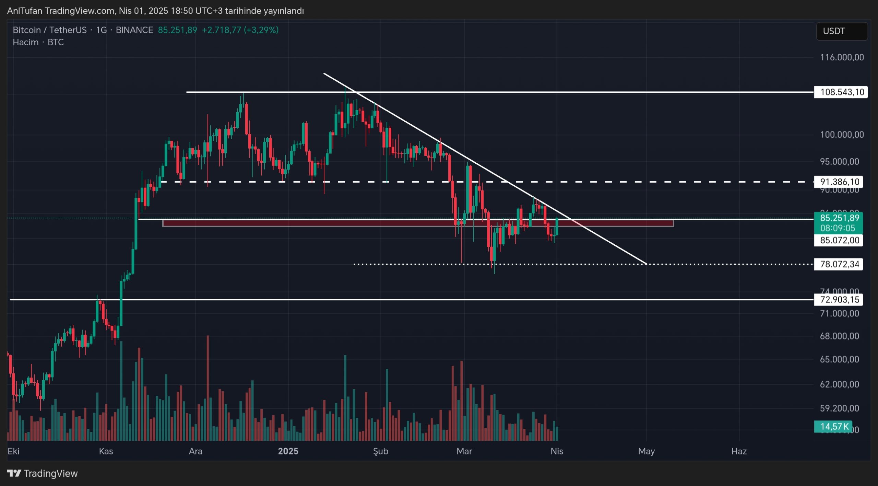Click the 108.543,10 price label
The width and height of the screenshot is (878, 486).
tap(841, 92)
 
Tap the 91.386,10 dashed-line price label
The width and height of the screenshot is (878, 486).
tap(839, 182)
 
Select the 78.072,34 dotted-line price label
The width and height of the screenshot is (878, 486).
tap(839, 264)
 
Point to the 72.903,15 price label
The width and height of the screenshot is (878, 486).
tap(839, 300)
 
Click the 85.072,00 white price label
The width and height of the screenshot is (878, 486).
tap(839, 240)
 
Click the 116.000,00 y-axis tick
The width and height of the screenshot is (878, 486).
tap(842, 57)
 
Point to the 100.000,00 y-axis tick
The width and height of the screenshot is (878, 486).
tap(842, 135)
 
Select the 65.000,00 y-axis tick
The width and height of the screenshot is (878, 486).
tap(839, 359)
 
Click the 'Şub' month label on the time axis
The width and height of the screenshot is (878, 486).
tap(381, 451)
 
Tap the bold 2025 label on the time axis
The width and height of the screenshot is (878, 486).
tap(288, 451)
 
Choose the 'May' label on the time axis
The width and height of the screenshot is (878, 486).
tap(646, 451)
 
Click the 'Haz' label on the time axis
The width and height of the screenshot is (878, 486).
tap(739, 451)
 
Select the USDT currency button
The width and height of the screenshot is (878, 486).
tap(842, 31)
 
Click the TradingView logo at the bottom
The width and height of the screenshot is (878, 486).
tap(43, 474)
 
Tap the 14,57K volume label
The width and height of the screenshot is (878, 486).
tap(834, 427)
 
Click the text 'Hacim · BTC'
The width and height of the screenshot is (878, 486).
tap(38, 42)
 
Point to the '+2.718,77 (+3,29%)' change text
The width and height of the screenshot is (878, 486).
tap(240, 30)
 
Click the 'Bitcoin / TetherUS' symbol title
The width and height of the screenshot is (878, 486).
tap(50, 30)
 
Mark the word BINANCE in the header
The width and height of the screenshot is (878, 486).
tap(134, 30)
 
